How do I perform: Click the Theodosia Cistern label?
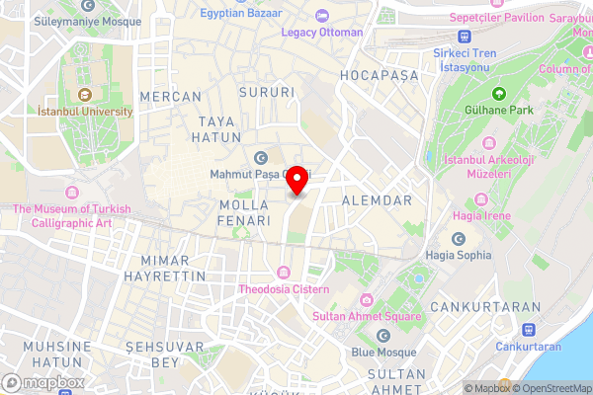pyautogui.click(x=285, y=289)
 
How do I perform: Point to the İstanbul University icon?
pyautogui.click(x=85, y=95)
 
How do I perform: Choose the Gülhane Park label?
pyautogui.click(x=501, y=110)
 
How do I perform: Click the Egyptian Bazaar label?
pyautogui.click(x=240, y=14)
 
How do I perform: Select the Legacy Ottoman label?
pyautogui.click(x=322, y=32)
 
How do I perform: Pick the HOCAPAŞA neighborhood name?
pyautogui.click(x=379, y=75)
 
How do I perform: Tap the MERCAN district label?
pyautogui.click(x=171, y=97)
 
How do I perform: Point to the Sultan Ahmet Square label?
pyautogui.click(x=367, y=316)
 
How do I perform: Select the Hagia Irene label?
pyautogui.click(x=481, y=215)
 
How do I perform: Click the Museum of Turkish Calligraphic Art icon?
pyautogui.click(x=71, y=192)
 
